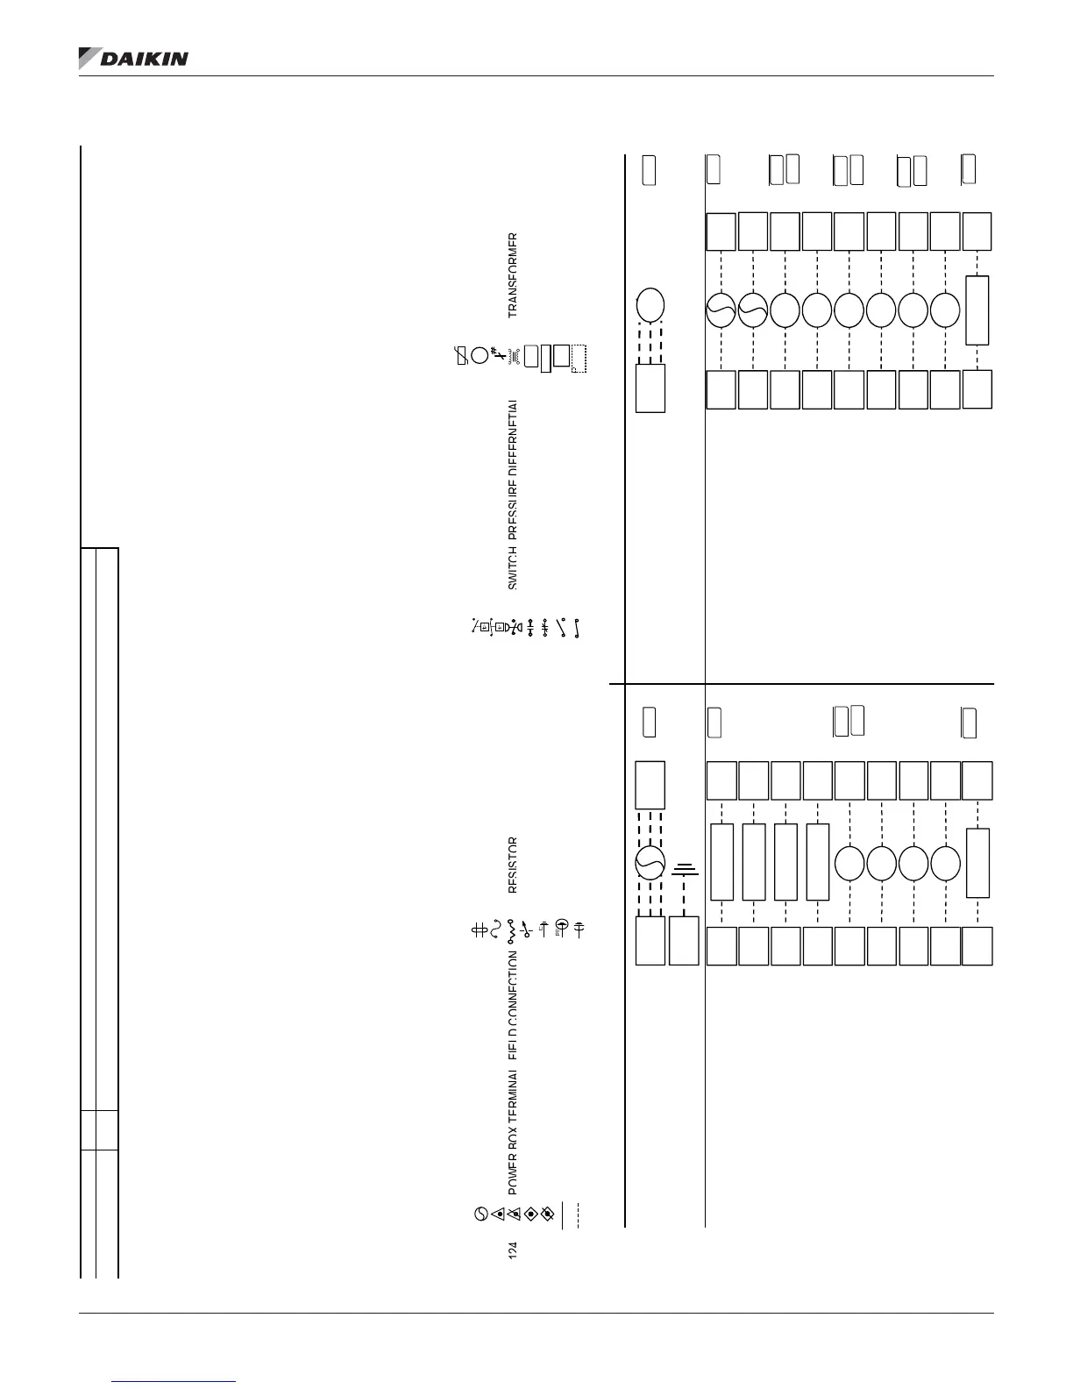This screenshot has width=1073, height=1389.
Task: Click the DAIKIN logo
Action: (x=133, y=58)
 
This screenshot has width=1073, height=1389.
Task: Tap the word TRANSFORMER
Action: (x=514, y=274)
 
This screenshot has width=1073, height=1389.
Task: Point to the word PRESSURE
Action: (x=514, y=509)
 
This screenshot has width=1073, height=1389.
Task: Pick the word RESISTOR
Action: (x=514, y=865)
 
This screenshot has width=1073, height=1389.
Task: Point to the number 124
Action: (x=514, y=1250)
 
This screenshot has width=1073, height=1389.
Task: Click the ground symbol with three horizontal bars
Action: (x=685, y=871)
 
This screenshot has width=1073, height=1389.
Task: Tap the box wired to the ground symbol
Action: (x=684, y=941)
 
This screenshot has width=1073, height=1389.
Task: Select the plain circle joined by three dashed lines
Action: (x=650, y=305)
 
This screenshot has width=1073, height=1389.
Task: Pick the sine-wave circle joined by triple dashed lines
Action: (x=650, y=865)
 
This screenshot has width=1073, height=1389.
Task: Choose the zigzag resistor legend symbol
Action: (x=511, y=930)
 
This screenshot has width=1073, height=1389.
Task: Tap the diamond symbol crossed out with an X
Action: (x=548, y=1214)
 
